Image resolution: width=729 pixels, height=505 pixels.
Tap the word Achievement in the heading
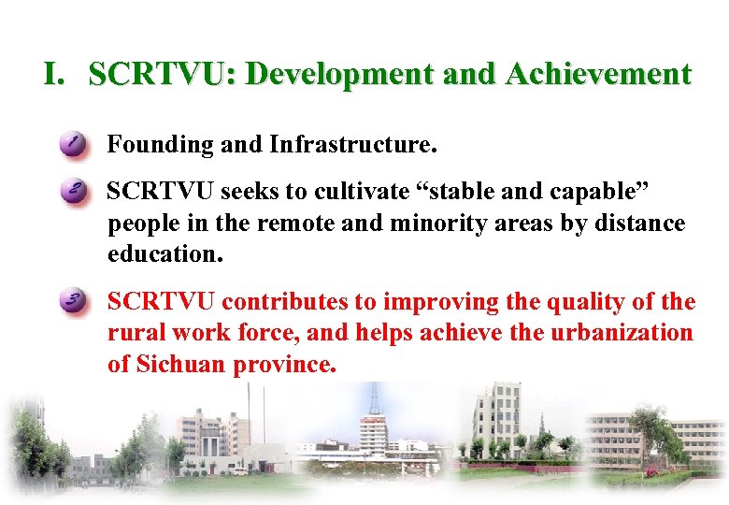(597, 75)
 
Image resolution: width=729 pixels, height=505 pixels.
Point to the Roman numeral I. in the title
(55, 75)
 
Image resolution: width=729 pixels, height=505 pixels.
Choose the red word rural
(134, 333)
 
